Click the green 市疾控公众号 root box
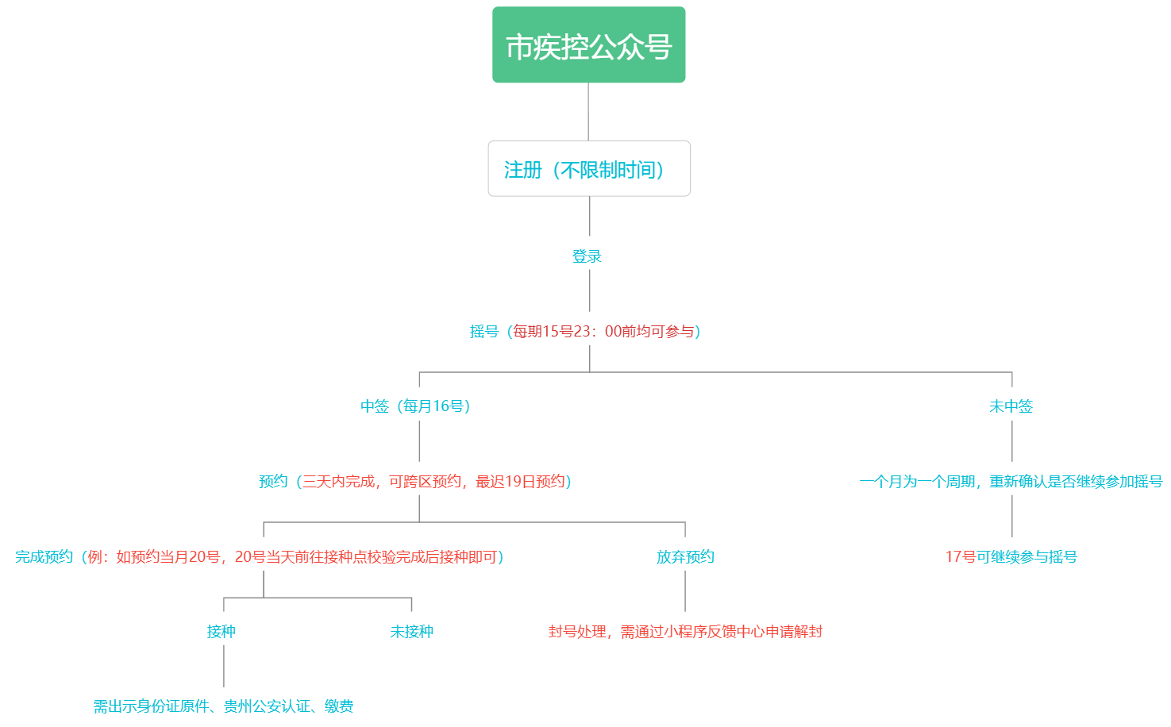[x=588, y=45]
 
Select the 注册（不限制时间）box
[x=588, y=169]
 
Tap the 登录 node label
[x=587, y=256]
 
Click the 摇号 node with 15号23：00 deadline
[x=586, y=332]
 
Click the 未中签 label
[x=1011, y=406]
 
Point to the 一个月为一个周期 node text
[x=1011, y=482]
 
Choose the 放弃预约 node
[x=685, y=557]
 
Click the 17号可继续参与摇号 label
[x=1011, y=557]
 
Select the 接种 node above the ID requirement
[x=221, y=632]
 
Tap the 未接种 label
[x=411, y=632]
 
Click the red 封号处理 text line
[x=685, y=632]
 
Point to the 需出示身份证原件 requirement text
[x=223, y=706]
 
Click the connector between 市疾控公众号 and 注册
[x=588, y=112]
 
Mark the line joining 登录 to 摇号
[x=590, y=290]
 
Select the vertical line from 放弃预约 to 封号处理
[x=685, y=592]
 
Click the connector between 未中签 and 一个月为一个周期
[x=1012, y=441]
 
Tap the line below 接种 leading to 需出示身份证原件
[x=224, y=667]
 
